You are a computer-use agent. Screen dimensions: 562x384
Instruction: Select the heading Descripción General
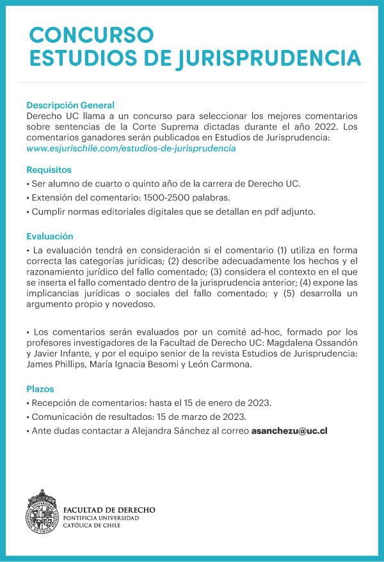click(70, 105)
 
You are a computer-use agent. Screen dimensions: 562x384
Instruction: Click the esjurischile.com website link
click(131, 149)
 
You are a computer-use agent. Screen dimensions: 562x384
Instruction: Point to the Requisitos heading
click(49, 170)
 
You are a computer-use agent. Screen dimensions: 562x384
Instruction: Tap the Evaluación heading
click(50, 236)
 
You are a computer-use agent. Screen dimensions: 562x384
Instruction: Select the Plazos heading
click(40, 389)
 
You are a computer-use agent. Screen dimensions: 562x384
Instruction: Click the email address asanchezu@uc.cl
click(289, 431)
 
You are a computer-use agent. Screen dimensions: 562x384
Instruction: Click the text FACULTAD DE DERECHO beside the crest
click(109, 510)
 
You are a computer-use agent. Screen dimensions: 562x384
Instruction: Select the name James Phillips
click(54, 364)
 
